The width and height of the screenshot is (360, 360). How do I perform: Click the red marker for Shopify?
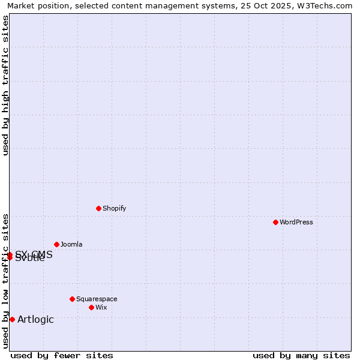point(98,208)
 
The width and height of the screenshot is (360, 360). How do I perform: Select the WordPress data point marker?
point(275,222)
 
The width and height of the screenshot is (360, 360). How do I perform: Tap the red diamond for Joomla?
point(56,244)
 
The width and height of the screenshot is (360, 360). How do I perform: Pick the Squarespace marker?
point(72,299)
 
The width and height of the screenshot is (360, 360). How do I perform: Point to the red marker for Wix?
point(91,307)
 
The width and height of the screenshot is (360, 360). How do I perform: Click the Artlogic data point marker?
point(12,319)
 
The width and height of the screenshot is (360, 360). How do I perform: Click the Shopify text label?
point(114,208)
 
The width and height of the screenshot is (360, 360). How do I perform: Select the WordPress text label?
point(296,222)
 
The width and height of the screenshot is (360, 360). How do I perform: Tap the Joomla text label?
point(71,244)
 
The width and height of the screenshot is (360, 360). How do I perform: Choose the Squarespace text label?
point(97,299)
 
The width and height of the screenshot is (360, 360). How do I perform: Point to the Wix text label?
point(101,307)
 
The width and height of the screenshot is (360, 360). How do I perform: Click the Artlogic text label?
point(35,319)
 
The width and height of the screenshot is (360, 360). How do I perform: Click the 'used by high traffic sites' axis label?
point(5,85)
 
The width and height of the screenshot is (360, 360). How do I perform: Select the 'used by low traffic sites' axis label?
point(5,280)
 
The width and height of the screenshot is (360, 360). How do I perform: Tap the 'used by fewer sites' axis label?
point(62,355)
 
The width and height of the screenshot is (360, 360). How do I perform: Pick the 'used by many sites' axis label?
point(301,355)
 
